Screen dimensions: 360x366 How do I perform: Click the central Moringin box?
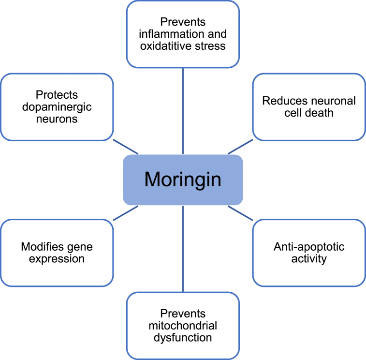(183, 180)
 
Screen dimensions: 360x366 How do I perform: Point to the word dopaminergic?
(57, 107)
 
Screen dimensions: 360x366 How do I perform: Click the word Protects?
(57, 95)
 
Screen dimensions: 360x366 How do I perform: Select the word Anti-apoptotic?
(309, 247)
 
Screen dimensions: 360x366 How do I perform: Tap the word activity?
(309, 259)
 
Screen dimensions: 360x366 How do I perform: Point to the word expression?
(57, 259)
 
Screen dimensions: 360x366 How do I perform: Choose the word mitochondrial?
(183, 325)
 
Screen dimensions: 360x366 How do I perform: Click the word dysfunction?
(183, 337)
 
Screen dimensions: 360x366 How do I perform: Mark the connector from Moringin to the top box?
(183, 111)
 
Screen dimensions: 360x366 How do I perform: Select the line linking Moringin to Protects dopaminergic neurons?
(126, 147)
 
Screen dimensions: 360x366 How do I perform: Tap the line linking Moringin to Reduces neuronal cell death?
(240, 147)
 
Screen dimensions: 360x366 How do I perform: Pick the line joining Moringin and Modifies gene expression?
(126, 212)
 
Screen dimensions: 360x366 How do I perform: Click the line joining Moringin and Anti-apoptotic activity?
(240, 212)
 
